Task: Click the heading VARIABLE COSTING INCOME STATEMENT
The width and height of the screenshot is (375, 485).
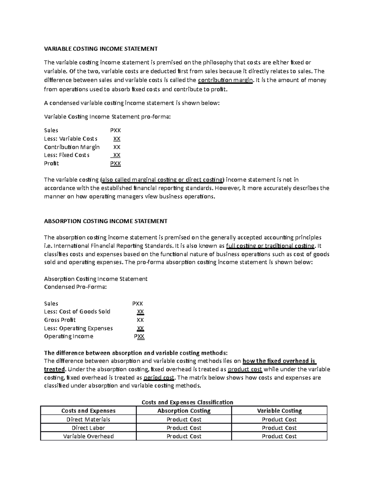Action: coord(101,49)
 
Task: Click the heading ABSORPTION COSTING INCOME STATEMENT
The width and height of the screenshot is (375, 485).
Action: coord(106,221)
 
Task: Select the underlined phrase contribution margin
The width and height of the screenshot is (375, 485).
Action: coord(225,80)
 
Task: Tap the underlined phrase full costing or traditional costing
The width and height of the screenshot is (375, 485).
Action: coord(270,246)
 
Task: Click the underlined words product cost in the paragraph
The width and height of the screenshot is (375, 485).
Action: coord(245,369)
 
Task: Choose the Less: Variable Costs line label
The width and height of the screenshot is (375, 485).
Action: coord(71,139)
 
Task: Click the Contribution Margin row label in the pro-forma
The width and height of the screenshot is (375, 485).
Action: coord(72,147)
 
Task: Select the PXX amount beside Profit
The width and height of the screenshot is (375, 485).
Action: coord(115,163)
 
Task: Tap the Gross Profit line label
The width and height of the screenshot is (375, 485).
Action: coord(60,320)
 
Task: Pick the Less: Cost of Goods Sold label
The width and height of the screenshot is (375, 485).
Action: coord(77,312)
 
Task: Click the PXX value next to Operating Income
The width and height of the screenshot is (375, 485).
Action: coord(139,336)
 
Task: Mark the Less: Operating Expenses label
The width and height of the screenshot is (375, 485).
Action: coord(78,328)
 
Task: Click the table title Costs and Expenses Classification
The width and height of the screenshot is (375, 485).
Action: coord(187,402)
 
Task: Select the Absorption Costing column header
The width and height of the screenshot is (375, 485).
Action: coord(184,411)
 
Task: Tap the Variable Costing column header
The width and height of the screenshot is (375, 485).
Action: coord(279,411)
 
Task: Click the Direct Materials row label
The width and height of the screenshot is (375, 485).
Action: coord(88,419)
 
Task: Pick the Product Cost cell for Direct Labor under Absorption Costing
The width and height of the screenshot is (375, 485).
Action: coord(184,428)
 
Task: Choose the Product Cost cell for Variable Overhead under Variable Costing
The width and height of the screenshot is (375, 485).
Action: coord(279,436)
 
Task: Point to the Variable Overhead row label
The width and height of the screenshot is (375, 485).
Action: coord(88,436)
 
